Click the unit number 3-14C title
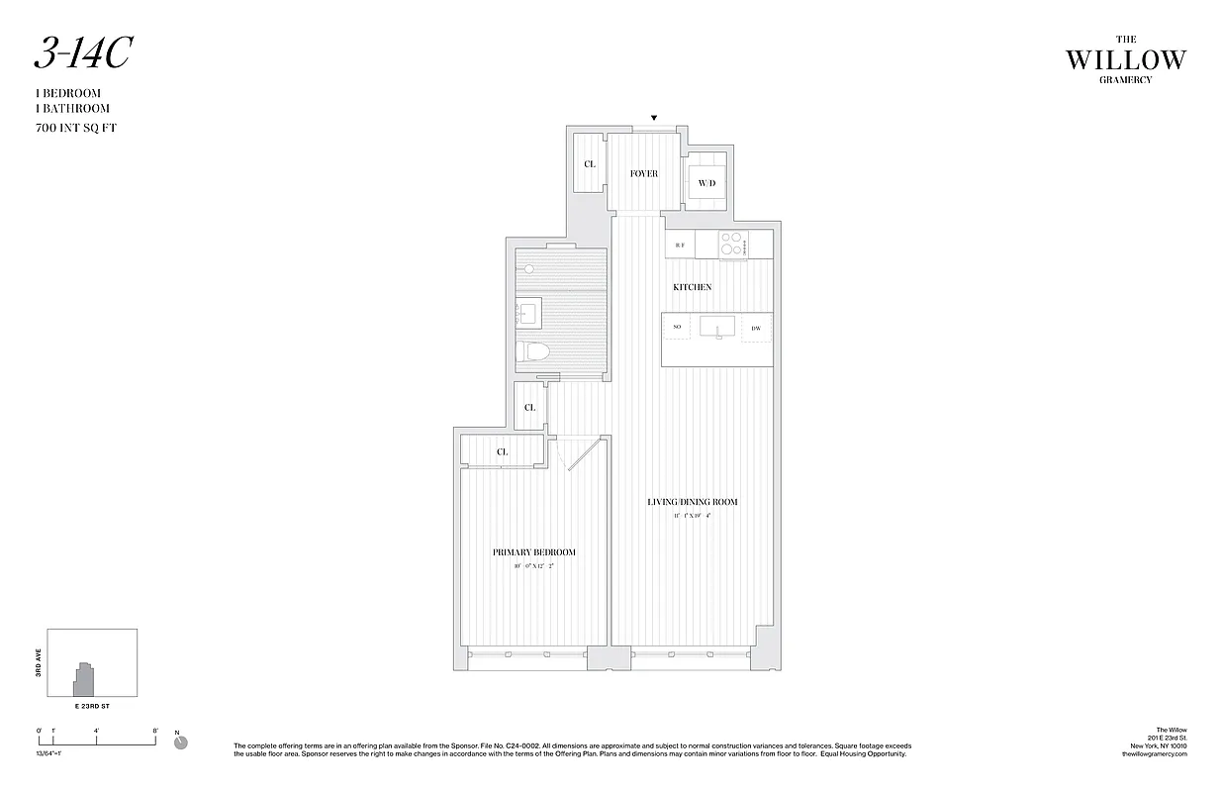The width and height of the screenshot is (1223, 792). click(x=82, y=54)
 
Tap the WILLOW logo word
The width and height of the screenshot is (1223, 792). click(x=1125, y=60)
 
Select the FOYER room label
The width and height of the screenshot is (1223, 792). click(x=643, y=174)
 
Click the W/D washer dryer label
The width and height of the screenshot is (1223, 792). click(x=706, y=183)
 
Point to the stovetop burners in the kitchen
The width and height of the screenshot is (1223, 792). click(x=732, y=244)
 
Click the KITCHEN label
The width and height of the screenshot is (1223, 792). click(x=693, y=287)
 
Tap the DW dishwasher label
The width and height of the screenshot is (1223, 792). click(x=756, y=328)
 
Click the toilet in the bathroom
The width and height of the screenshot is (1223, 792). click(x=535, y=351)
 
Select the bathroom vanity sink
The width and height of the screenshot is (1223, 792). click(x=527, y=315)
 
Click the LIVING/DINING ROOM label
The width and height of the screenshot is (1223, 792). click(x=693, y=502)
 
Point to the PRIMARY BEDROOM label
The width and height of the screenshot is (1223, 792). click(x=534, y=552)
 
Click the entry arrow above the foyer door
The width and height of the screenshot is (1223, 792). click(x=653, y=118)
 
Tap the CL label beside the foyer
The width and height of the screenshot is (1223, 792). click(x=590, y=164)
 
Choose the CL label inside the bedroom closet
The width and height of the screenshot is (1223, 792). click(x=502, y=451)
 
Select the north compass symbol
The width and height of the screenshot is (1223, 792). click(x=180, y=742)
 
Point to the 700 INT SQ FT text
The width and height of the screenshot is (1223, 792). click(x=75, y=128)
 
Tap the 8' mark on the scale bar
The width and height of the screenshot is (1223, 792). click(x=156, y=731)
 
